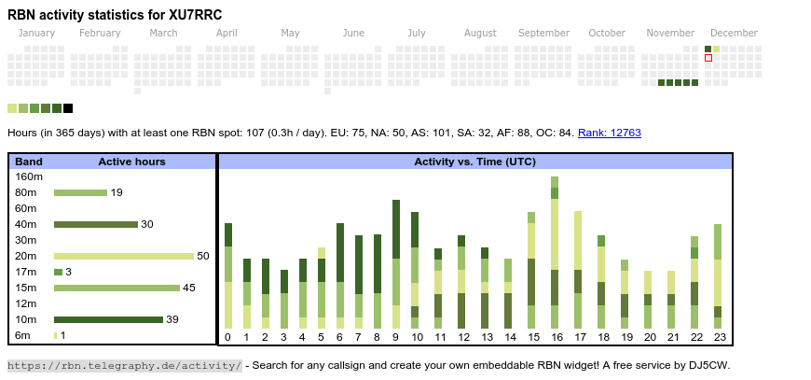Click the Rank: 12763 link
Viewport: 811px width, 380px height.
(609, 134)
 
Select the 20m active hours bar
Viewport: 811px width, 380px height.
(124, 256)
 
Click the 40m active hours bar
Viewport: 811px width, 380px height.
(96, 224)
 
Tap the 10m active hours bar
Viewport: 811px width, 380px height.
(108, 319)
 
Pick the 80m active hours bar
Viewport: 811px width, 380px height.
(80, 192)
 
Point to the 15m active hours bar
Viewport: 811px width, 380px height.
(117, 288)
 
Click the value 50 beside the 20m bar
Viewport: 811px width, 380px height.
(203, 256)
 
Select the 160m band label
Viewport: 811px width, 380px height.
(30, 176)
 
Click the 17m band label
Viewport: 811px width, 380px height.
(26, 272)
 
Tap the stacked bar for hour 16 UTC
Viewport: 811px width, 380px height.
(555, 252)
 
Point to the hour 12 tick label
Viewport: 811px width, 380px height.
(461, 337)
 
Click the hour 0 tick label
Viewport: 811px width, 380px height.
(227, 337)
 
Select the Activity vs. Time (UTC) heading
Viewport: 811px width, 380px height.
(474, 162)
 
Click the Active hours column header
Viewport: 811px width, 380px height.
(131, 162)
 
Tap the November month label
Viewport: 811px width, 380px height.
(670, 33)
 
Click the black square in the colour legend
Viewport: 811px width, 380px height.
(68, 108)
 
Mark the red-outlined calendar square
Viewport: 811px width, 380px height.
(708, 58)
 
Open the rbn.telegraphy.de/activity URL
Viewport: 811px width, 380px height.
(125, 366)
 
